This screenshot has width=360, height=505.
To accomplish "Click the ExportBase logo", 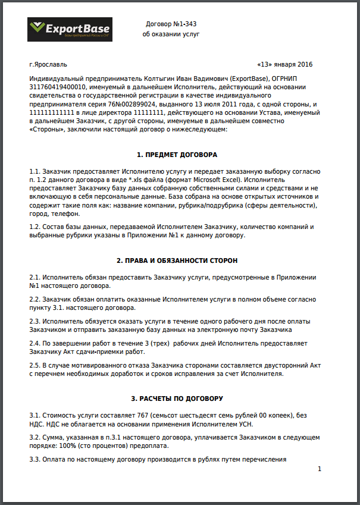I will click(69, 29).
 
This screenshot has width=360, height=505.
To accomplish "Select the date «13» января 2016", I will click(284, 64).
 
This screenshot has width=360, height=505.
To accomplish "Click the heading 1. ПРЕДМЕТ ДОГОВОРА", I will click(177, 155).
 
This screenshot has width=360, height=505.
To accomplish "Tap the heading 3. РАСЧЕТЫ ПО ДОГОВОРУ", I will click(177, 397).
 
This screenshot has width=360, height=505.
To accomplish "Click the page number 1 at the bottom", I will click(320, 469).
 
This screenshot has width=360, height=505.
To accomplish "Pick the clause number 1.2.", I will click(36, 227).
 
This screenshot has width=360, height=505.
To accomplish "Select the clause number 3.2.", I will click(36, 437).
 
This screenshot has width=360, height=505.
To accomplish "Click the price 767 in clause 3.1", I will click(157, 413).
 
